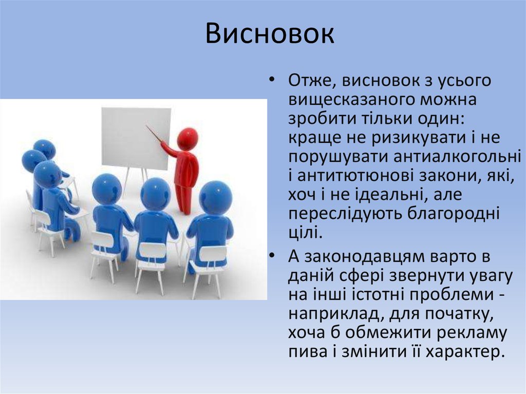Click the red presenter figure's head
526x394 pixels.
click(x=187, y=138)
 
